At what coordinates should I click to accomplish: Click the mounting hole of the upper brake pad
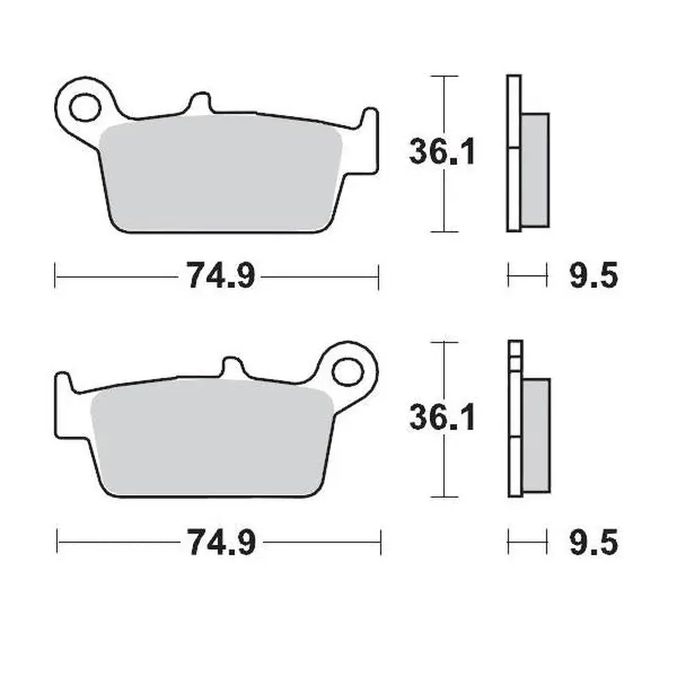(x=84, y=107)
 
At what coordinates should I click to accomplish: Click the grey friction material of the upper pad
(x=220, y=173)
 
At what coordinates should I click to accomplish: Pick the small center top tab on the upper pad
(x=199, y=103)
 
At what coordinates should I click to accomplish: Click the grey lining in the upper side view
(x=535, y=169)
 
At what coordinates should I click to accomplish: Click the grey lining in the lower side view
(x=535, y=436)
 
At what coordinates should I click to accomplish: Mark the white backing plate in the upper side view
(x=513, y=152)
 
